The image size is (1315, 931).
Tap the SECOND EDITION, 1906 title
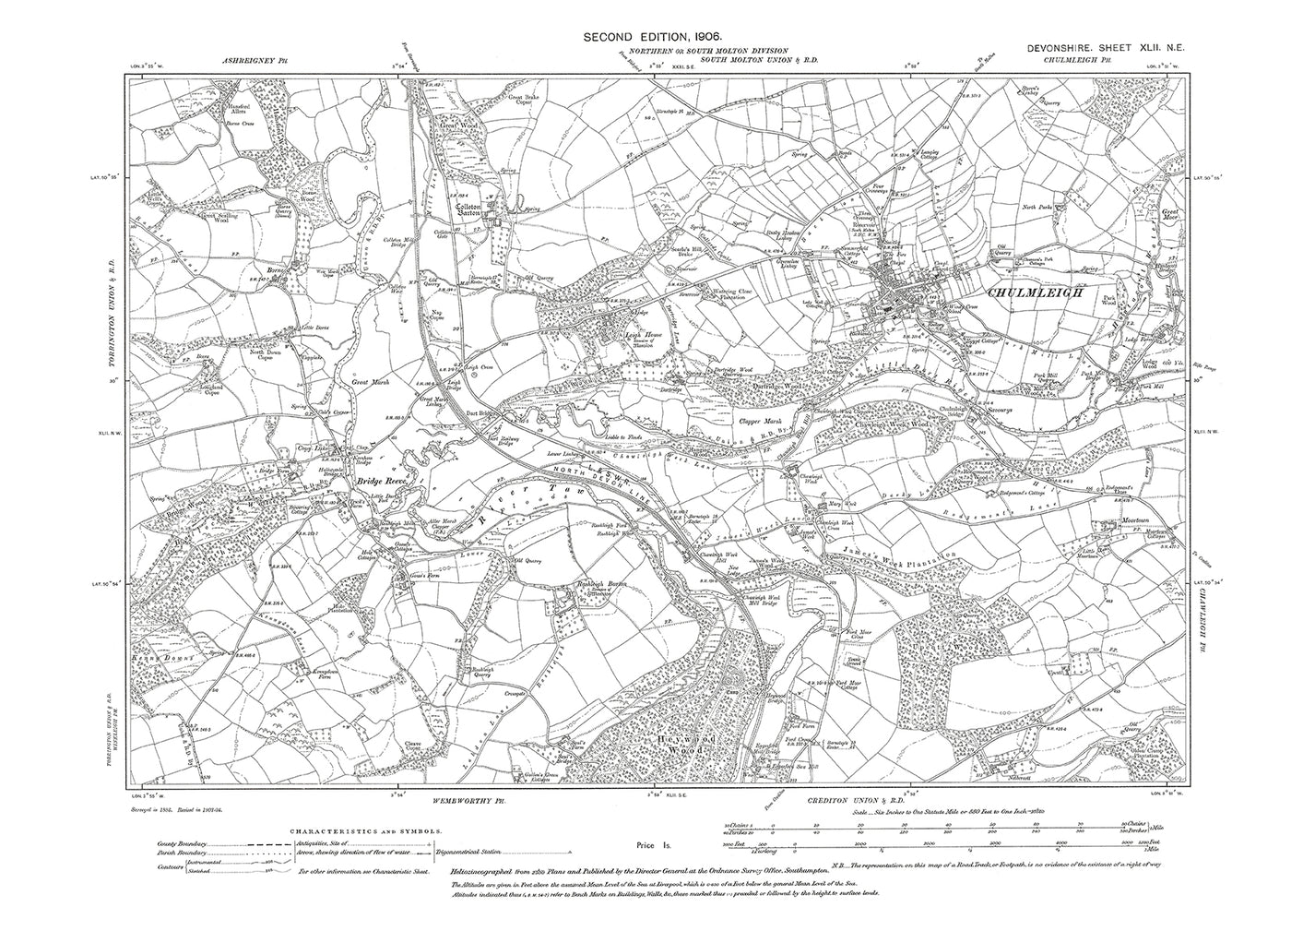point(657,37)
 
